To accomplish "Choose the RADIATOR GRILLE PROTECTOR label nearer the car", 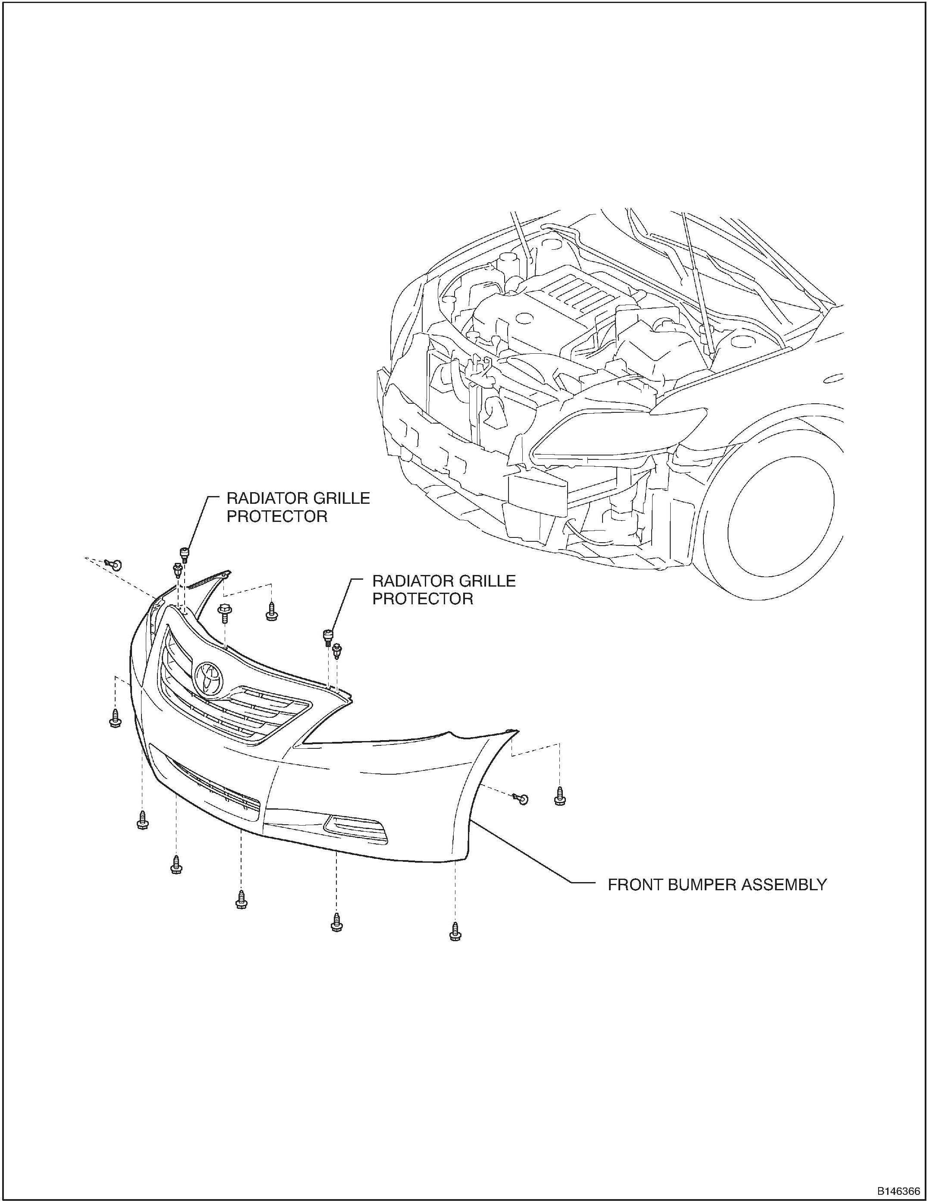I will [444, 590].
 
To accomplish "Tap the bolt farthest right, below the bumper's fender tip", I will [560, 797].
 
